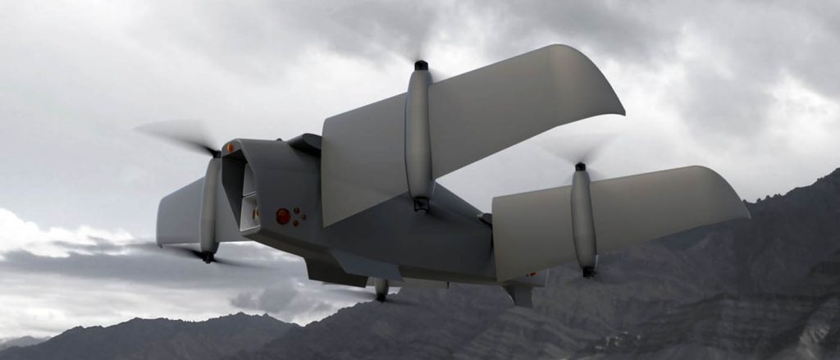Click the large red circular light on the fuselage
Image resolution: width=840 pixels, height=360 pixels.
click(x=283, y=216)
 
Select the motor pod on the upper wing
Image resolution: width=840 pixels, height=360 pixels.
click(x=419, y=135)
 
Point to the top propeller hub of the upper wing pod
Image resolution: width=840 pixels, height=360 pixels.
click(x=421, y=65)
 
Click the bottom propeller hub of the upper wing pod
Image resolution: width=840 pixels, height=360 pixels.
click(x=421, y=204)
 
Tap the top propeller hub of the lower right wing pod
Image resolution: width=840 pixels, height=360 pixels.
click(x=580, y=166)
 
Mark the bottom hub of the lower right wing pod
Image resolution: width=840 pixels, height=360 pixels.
click(x=588, y=271)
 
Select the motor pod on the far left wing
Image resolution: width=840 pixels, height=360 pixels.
click(x=210, y=205)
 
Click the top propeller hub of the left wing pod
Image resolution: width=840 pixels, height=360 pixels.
click(x=216, y=153)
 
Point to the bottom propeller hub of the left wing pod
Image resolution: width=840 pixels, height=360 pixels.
click(x=208, y=257)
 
